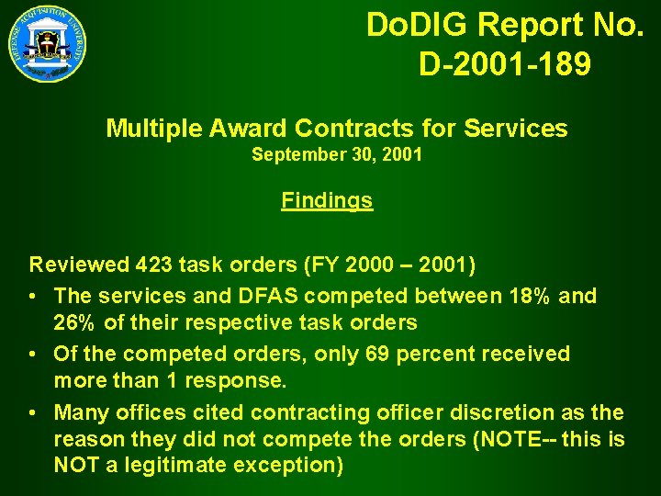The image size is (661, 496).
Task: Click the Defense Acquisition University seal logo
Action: (49, 43)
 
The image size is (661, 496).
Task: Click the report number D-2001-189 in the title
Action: (504, 64)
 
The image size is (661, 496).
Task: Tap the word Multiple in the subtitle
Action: (151, 129)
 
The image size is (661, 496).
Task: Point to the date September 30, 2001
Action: (337, 155)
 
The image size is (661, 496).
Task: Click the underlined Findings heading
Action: (327, 200)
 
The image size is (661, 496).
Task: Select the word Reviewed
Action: (79, 266)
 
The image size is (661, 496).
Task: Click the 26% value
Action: (75, 323)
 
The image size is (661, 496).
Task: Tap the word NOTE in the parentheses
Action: (510, 440)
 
